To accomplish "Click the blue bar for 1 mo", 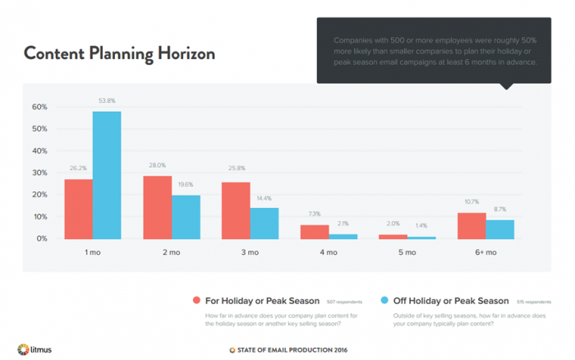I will (107, 175).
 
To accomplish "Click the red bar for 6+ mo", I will (471, 226).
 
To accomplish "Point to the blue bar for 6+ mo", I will (499, 229).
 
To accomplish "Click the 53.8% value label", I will (107, 101).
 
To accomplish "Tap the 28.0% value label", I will (158, 164).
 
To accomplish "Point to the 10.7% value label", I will (471, 202).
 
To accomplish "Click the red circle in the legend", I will (195, 301).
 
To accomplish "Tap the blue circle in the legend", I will (387, 301).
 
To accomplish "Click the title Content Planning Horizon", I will (119, 54).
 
